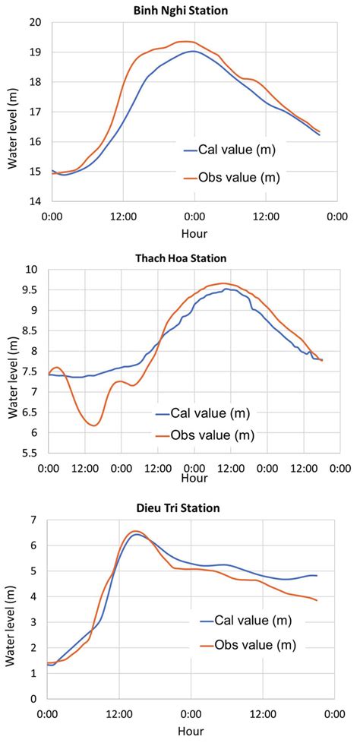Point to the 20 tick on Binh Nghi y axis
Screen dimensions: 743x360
[x=34, y=23]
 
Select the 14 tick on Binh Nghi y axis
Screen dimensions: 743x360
[x=34, y=202]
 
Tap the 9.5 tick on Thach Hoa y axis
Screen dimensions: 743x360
[x=33, y=289]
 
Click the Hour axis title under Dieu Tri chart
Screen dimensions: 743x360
[x=190, y=730]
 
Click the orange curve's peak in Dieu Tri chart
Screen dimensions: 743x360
[x=135, y=531]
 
